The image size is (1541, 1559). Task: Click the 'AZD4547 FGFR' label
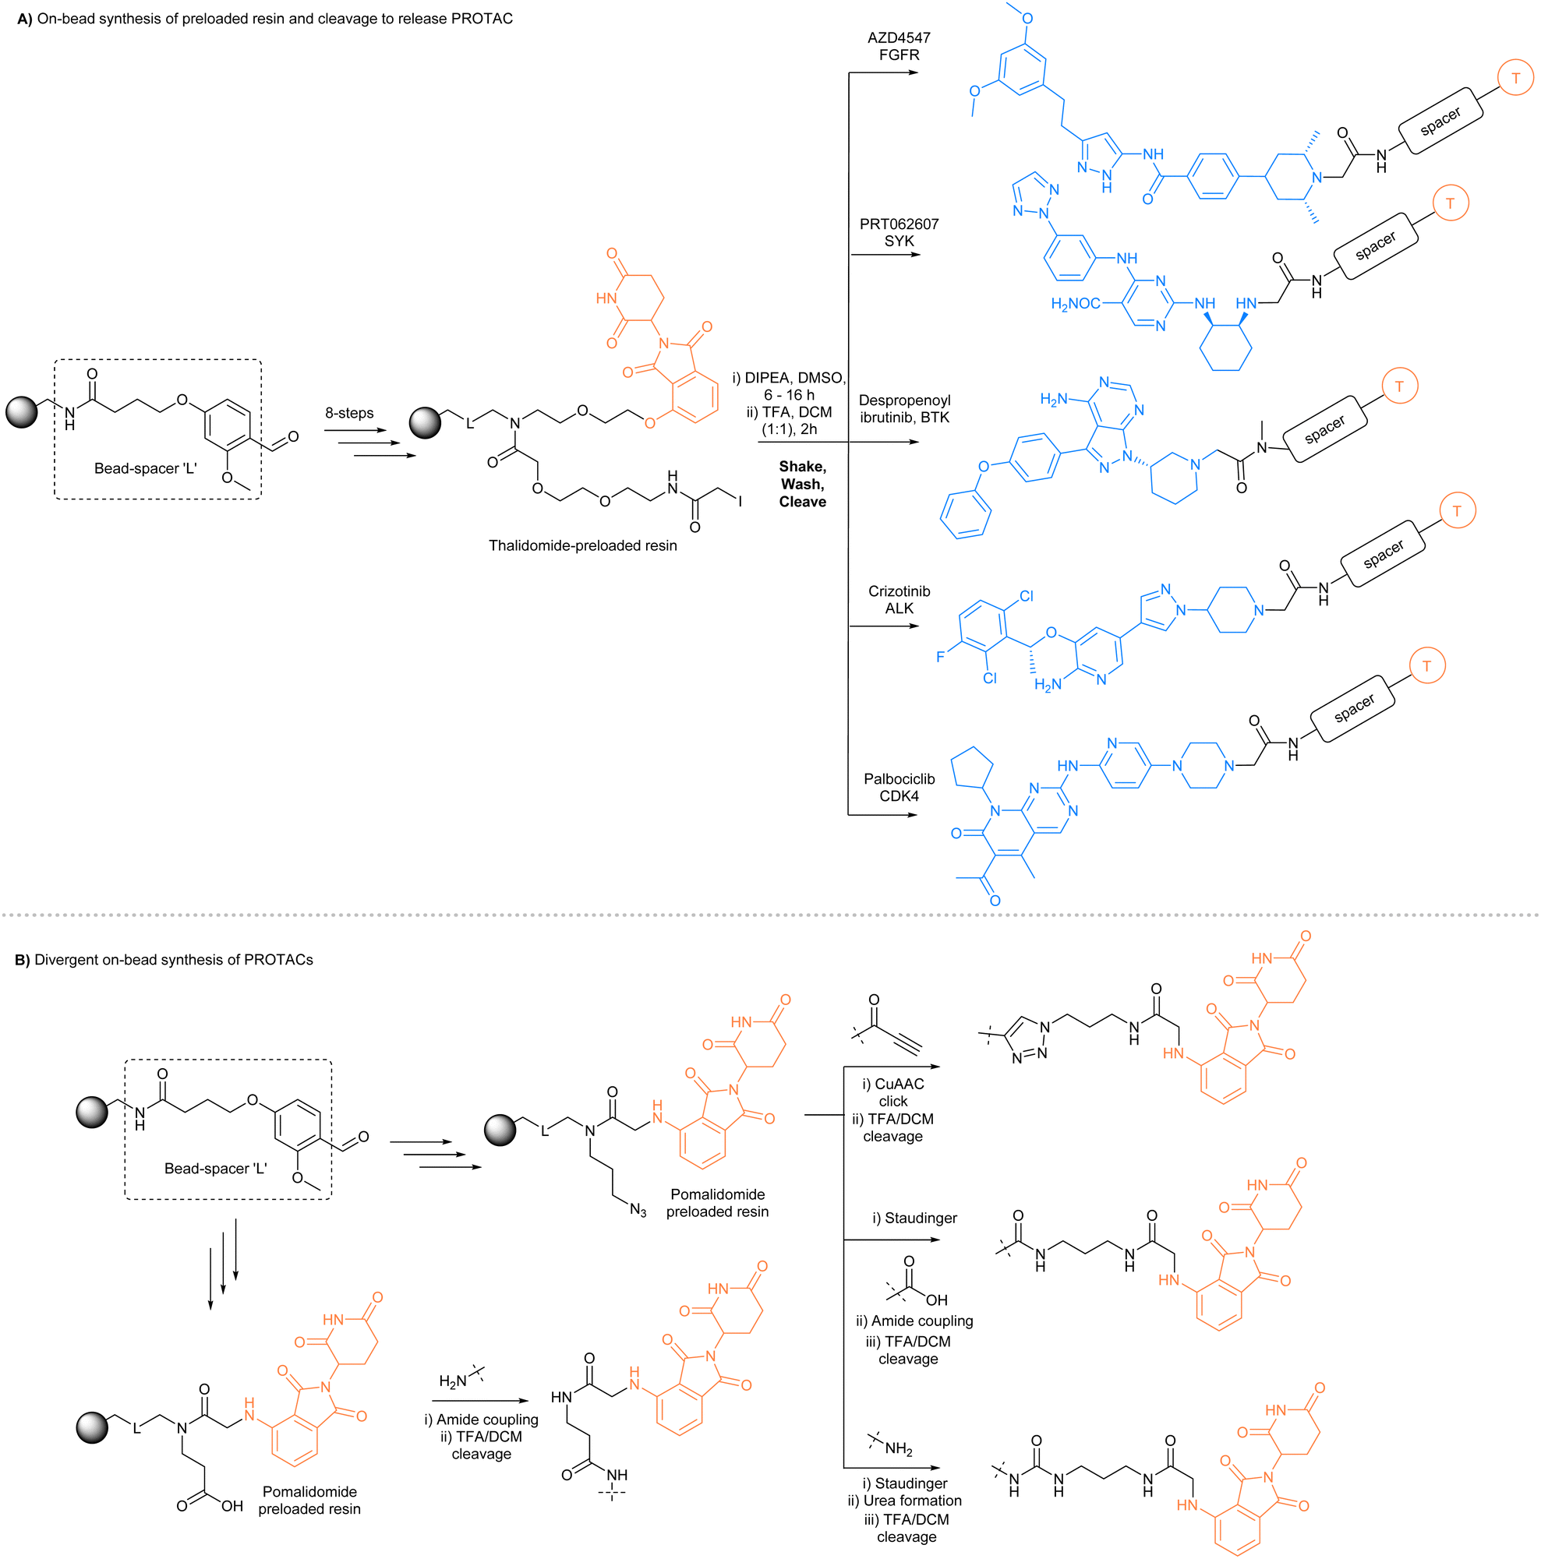coord(899,46)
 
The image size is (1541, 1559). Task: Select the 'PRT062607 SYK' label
coord(899,232)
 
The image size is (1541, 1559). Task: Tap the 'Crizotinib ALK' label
coord(899,600)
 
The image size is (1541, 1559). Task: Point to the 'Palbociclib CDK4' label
coord(899,788)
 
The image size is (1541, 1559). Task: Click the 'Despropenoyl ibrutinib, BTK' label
coord(904,409)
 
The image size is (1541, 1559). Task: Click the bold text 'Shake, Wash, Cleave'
coord(801,484)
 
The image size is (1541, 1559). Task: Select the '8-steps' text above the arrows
coord(348,413)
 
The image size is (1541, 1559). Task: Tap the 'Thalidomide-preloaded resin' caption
coord(582,546)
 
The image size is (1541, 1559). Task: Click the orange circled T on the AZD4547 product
coord(1515,78)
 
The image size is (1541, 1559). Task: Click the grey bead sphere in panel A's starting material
coord(22,412)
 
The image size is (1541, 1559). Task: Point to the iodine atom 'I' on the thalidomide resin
coord(740,502)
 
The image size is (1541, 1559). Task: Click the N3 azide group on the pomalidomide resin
coord(638,1211)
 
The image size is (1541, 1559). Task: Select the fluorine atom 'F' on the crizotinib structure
coord(939,657)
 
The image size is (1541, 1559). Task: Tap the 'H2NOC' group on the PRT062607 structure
coord(1075,304)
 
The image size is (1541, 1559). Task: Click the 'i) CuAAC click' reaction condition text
coord(892,1092)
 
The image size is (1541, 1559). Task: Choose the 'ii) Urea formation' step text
coord(904,1501)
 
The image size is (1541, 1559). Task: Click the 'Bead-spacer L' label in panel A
coord(145,469)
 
